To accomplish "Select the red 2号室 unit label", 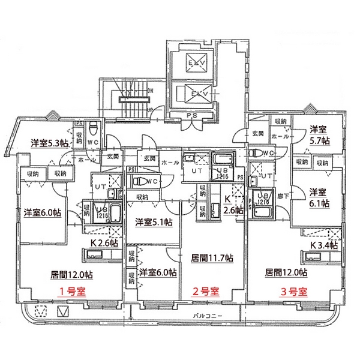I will coord(204,292).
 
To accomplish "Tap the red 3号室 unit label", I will coord(294,292).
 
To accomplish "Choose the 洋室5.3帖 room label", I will coord(49,143).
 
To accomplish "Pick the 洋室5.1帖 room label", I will coord(154,221).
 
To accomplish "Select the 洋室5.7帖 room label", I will coord(319,135).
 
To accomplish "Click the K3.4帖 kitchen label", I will coord(324,245).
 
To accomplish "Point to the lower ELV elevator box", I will coord(196,94).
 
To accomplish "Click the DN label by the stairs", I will coord(151,91).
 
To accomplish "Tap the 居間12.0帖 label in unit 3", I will coord(286,272).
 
